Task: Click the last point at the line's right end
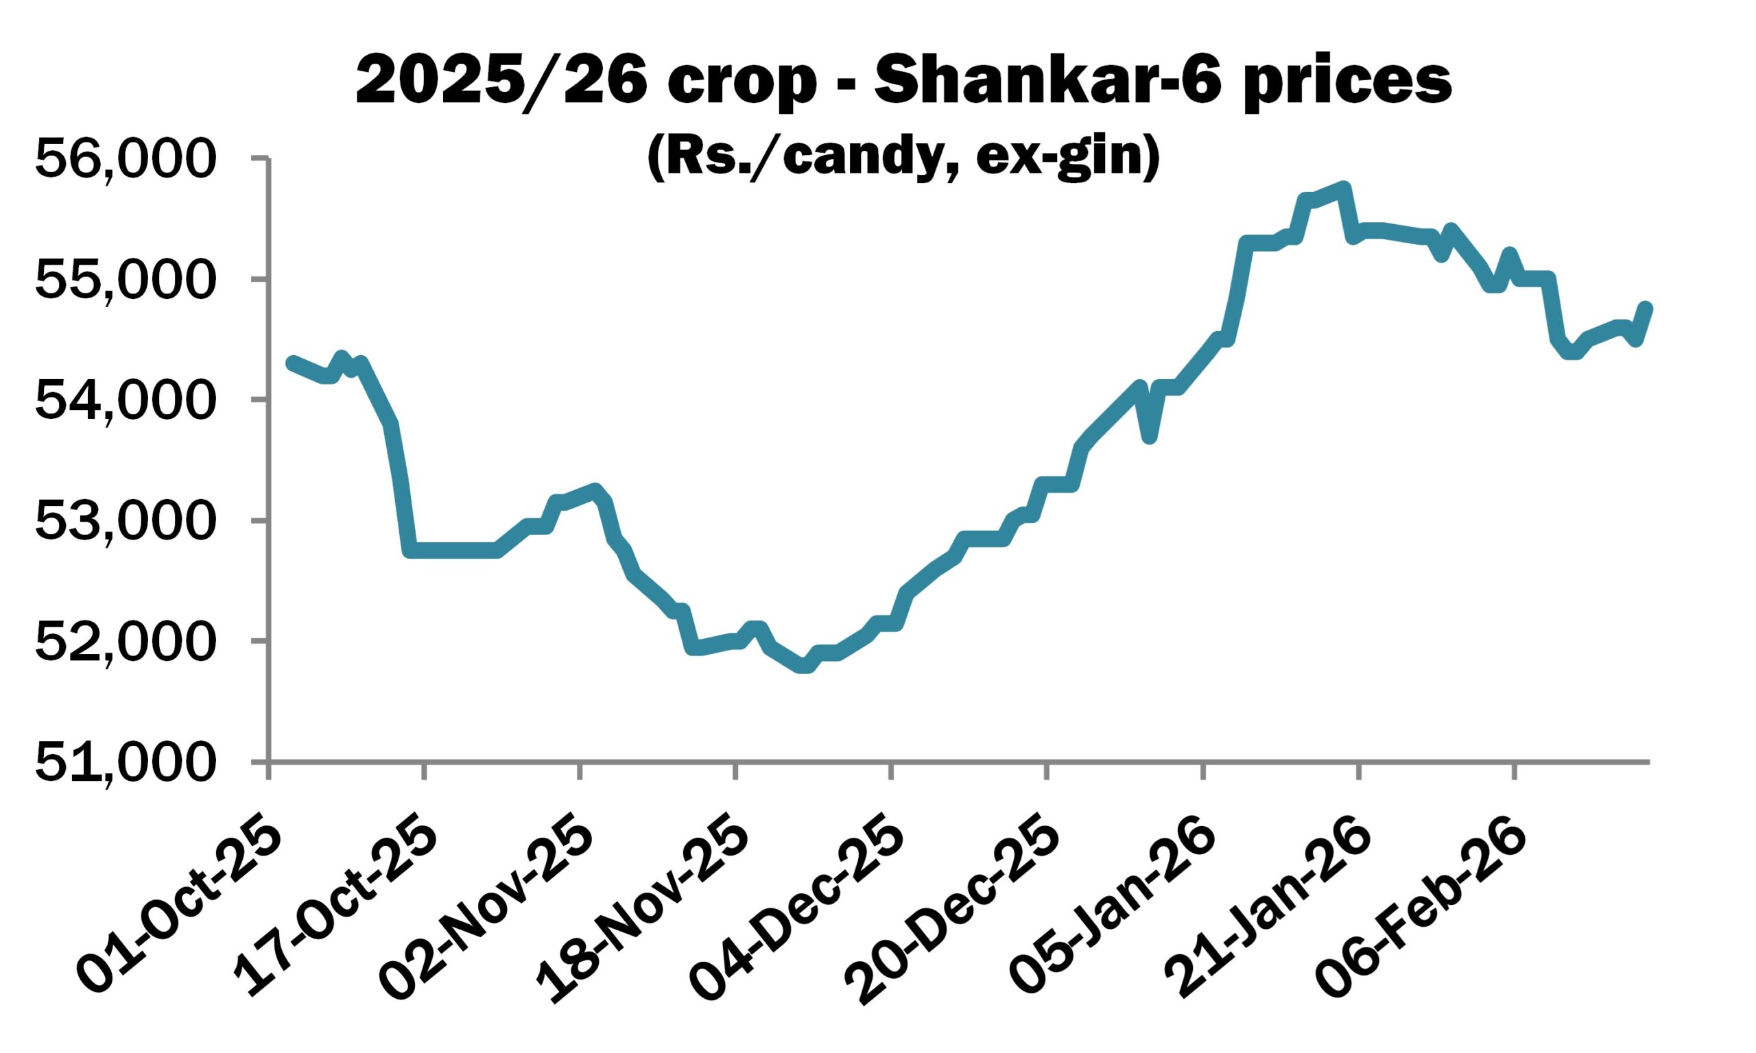point(1646,308)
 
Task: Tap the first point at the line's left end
point(291,363)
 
